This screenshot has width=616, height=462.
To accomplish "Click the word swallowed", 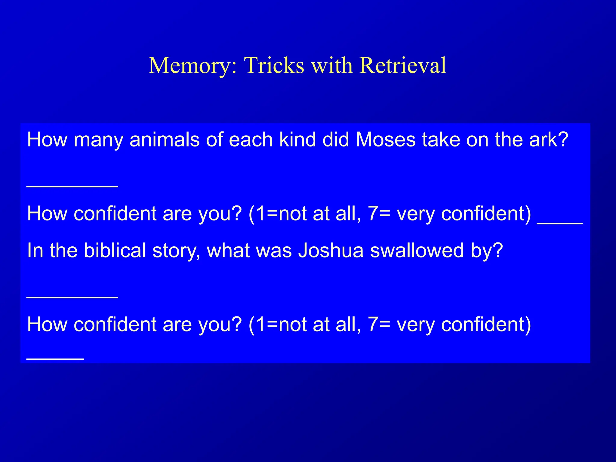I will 417,250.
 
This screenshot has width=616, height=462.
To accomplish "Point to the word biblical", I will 115,250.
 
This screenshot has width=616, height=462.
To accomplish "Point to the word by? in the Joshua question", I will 487,251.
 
